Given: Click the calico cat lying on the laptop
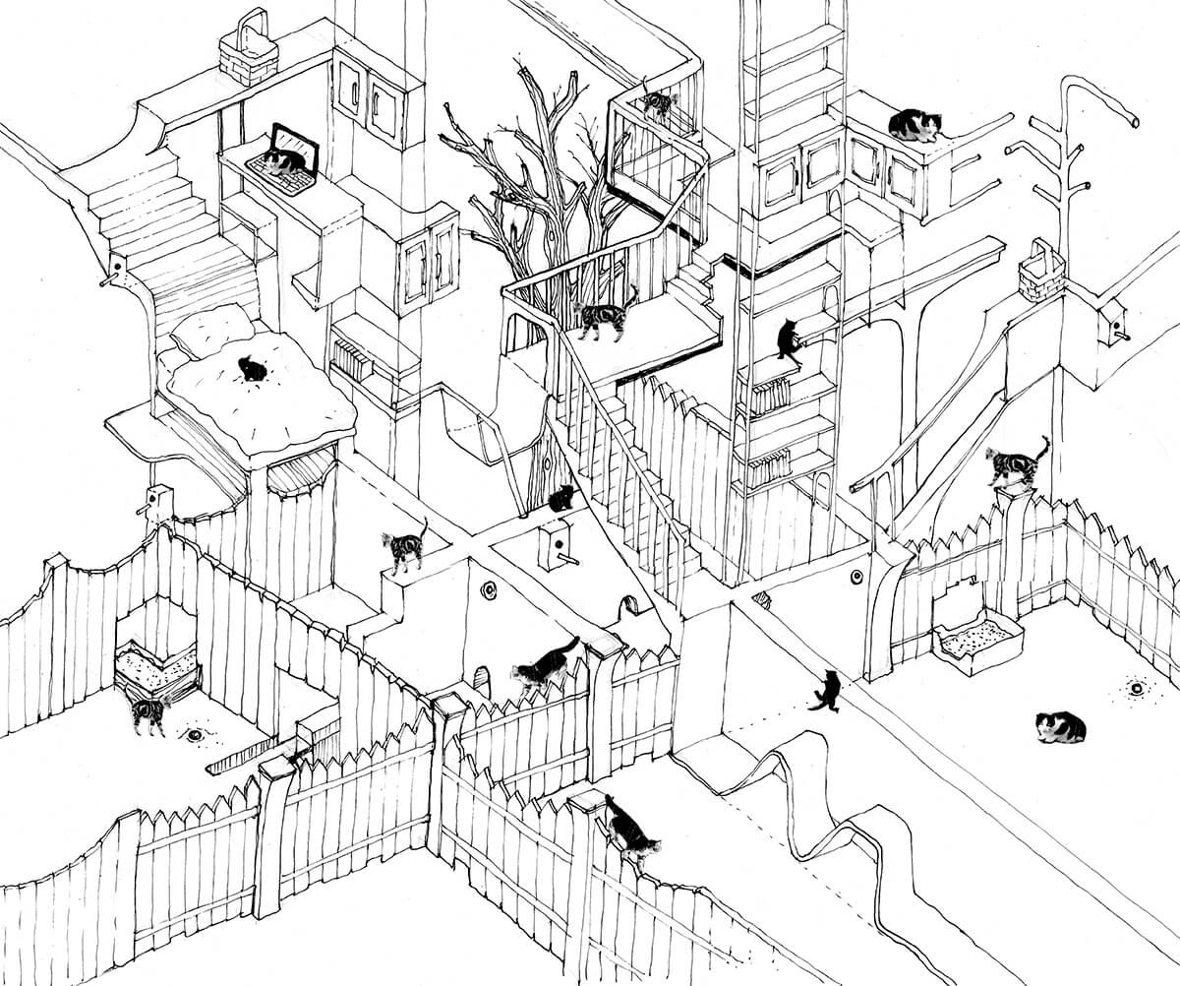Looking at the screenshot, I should (x=282, y=161).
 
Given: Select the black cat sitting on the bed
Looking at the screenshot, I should (x=253, y=369).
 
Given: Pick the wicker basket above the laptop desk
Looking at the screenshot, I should (x=248, y=52).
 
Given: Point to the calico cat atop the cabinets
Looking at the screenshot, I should (x=914, y=125).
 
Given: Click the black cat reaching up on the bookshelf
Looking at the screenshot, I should (x=789, y=339).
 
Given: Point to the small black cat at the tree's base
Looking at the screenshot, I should (x=560, y=499).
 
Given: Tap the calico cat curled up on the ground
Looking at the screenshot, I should (x=1060, y=727).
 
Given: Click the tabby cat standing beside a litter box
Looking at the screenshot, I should (x=148, y=713).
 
